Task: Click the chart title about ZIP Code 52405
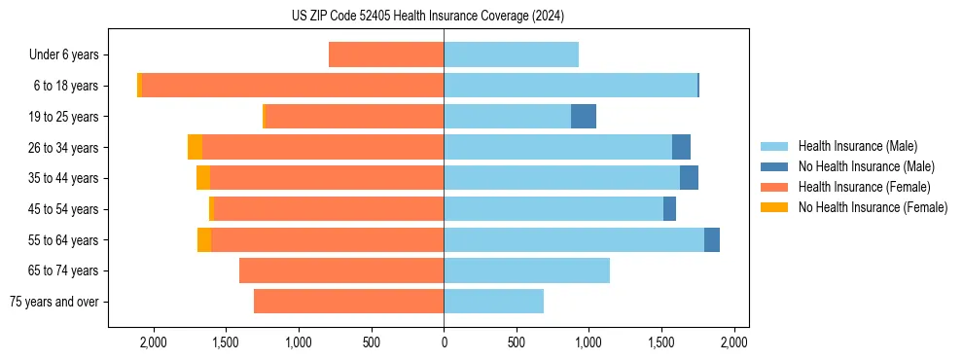(x=427, y=16)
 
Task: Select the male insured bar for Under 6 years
(x=511, y=54)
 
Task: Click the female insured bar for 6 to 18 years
(x=292, y=86)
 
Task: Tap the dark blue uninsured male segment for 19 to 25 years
(x=584, y=117)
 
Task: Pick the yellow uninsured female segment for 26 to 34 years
(x=196, y=147)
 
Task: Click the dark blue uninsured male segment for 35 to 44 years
(x=689, y=178)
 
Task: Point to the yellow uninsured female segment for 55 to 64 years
(x=204, y=239)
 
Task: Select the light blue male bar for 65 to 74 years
(x=526, y=270)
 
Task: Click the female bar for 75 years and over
(x=348, y=302)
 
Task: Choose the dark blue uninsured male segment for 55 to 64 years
(x=712, y=239)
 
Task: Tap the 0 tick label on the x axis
(x=444, y=342)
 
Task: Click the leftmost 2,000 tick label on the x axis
(x=154, y=342)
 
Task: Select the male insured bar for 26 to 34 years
(x=557, y=147)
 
